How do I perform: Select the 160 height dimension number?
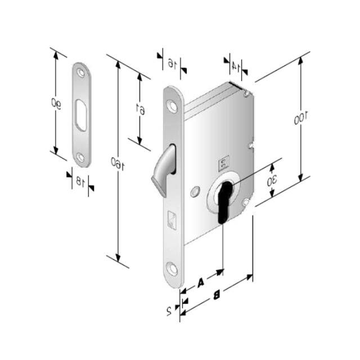[x=118, y=164]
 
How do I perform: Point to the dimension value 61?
[x=141, y=110]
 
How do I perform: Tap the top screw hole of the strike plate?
[x=82, y=73]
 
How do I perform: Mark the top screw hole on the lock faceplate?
[x=173, y=103]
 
